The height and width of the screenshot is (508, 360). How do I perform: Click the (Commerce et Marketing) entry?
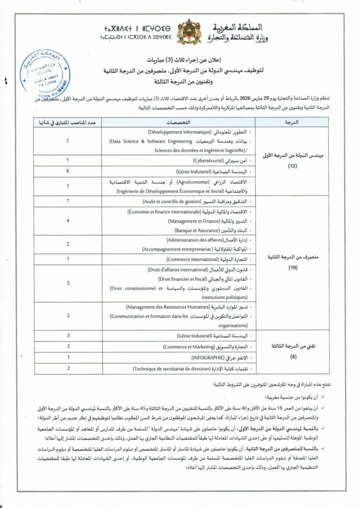[x=194, y=346]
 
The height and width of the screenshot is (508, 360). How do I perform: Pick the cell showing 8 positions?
[x=68, y=171]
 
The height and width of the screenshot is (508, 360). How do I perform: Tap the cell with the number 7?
[x=68, y=202]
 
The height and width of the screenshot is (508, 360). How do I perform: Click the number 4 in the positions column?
[x=68, y=220]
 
